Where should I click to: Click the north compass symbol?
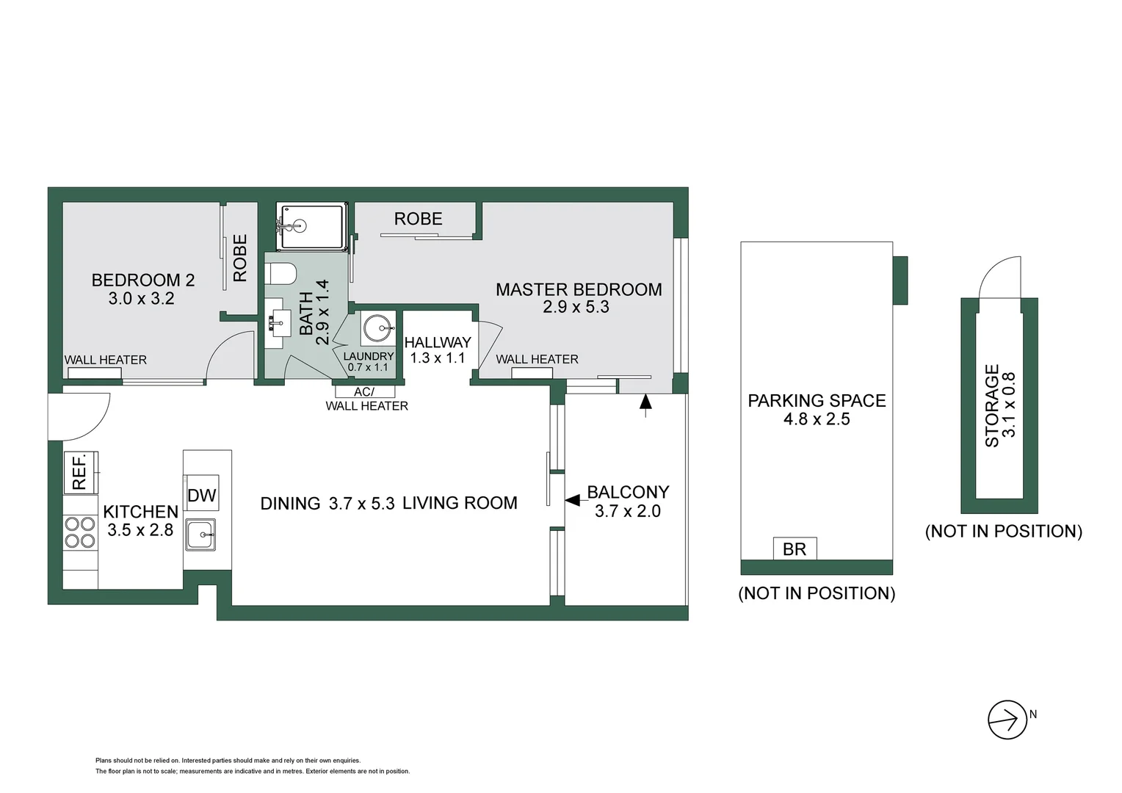(x=1007, y=720)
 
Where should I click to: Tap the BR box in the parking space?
(x=795, y=548)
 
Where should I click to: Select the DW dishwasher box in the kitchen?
(x=201, y=496)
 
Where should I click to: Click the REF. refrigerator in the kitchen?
(x=80, y=471)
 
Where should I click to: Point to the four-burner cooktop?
(x=80, y=532)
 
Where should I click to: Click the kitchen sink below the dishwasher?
(x=200, y=534)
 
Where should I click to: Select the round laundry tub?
(x=378, y=328)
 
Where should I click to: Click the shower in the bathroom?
(x=310, y=227)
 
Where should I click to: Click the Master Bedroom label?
(x=579, y=289)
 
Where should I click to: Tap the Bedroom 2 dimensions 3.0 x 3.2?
(x=142, y=299)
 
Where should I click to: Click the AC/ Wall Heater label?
(x=366, y=399)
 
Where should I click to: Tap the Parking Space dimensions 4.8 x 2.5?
(x=817, y=419)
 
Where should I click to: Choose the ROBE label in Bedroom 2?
(x=240, y=258)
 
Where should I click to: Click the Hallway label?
(x=438, y=342)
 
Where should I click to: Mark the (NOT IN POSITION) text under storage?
(x=1003, y=531)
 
